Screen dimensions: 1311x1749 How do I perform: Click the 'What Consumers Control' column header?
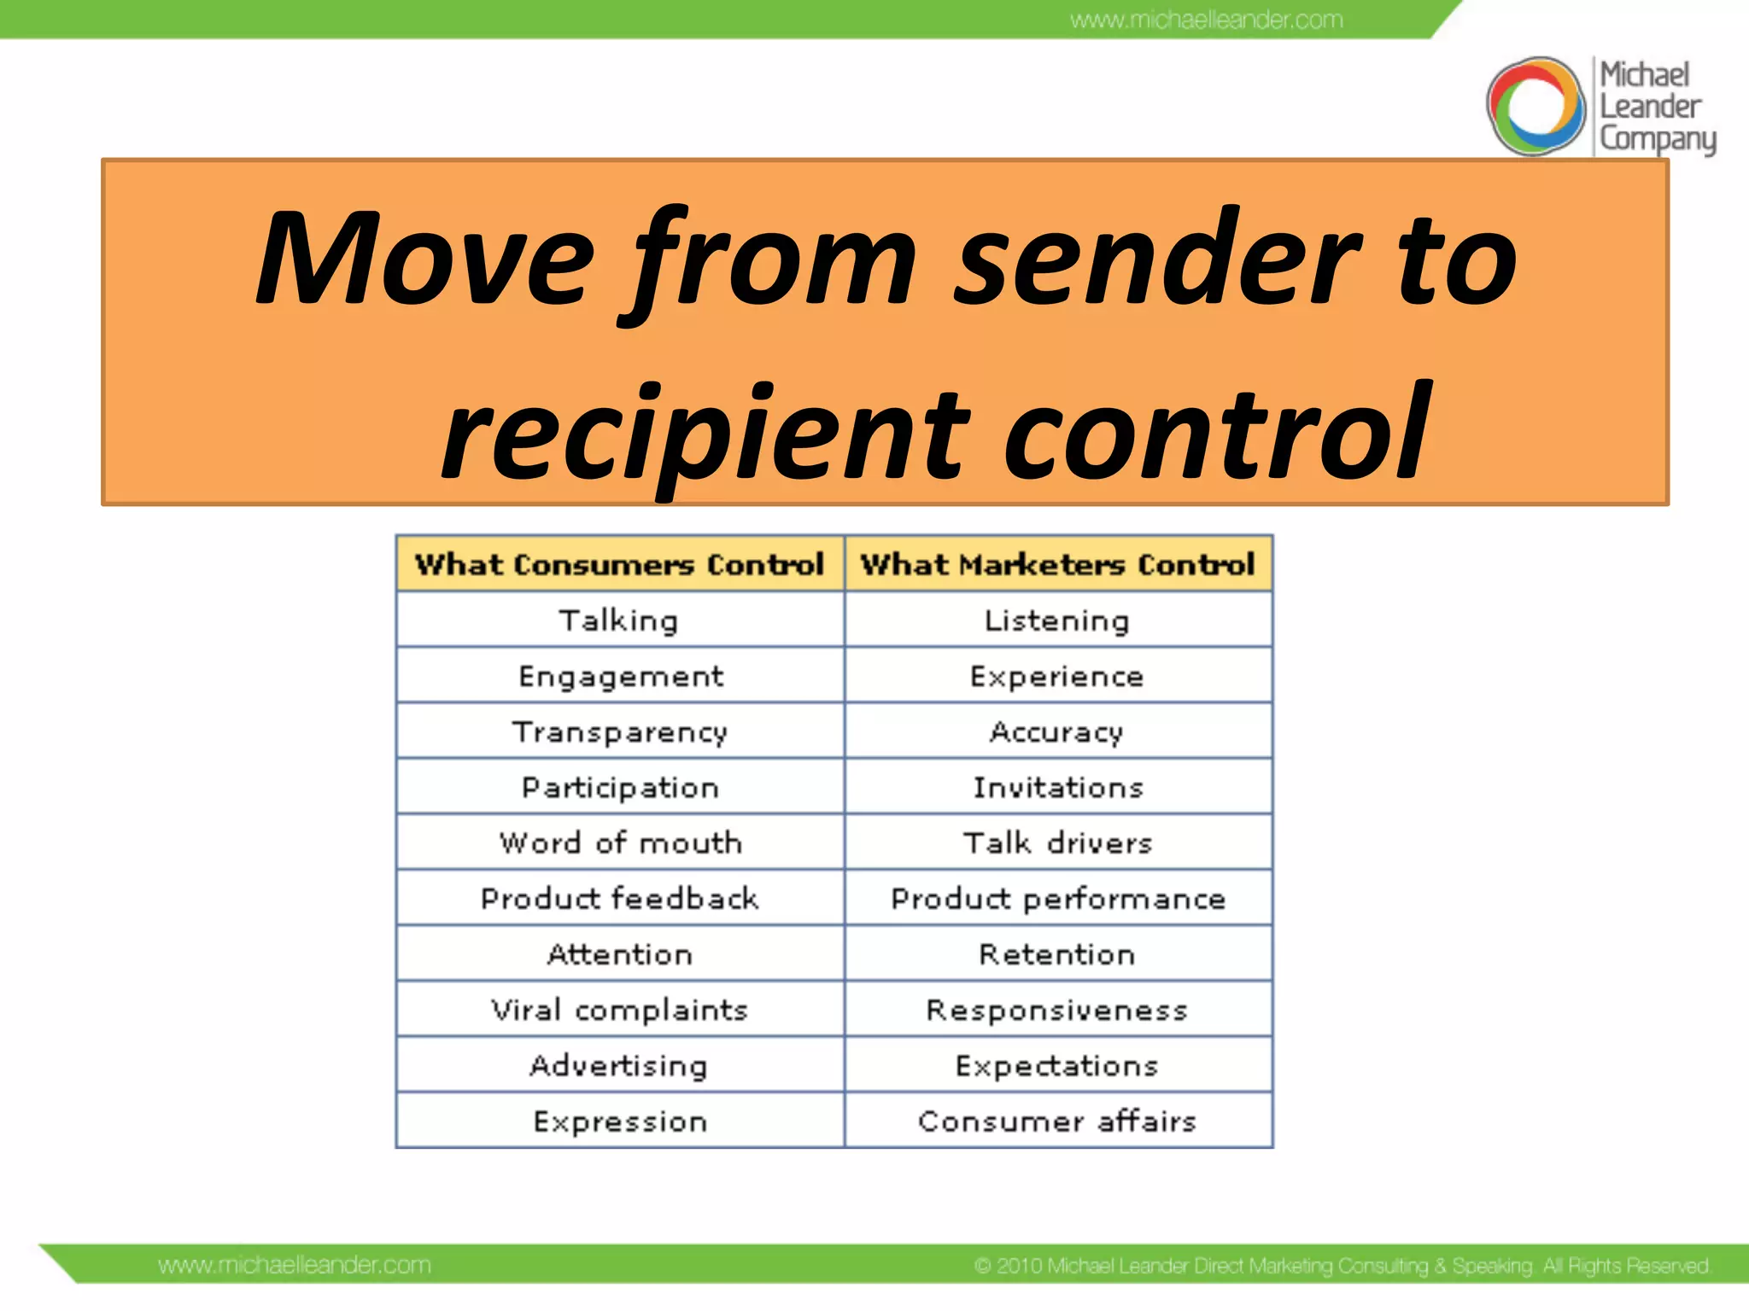tap(620, 564)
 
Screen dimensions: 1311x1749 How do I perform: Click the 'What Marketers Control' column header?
tap(1057, 564)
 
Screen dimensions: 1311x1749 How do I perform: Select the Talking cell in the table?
tap(620, 621)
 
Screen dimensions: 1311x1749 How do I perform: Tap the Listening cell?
tap(1057, 621)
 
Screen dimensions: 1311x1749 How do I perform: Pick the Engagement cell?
tap(620, 676)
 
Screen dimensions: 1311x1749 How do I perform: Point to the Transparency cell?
tap(620, 732)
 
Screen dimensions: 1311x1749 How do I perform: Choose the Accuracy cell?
tap(1057, 732)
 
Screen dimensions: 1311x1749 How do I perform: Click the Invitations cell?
tap(1057, 787)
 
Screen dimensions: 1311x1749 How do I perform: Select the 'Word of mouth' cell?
tap(620, 843)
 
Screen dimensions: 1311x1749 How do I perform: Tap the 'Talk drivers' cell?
tap(1057, 843)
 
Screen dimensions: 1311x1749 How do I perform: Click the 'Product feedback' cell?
tap(620, 899)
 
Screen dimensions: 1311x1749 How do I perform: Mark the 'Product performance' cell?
tap(1057, 899)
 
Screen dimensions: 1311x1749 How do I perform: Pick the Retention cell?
tap(1057, 954)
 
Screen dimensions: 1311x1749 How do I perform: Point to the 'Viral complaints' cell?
tap(620, 1011)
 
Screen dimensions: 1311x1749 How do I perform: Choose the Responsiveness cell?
tap(1057, 1011)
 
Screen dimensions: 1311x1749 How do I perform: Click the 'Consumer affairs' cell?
tap(1057, 1121)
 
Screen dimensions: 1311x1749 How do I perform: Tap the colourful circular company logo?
tap(1535, 107)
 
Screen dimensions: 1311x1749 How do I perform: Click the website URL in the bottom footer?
tap(295, 1265)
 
